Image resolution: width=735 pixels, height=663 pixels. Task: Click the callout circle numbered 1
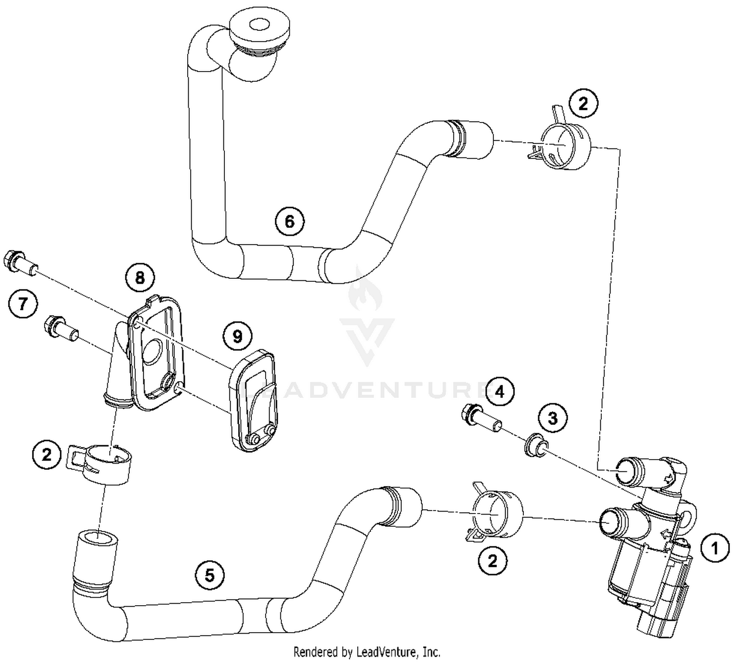pyautogui.click(x=714, y=548)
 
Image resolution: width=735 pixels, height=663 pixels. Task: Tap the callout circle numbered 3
pyautogui.click(x=553, y=418)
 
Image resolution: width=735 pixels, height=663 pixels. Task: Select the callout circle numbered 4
pyautogui.click(x=499, y=392)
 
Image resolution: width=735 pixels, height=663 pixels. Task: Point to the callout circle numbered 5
pyautogui.click(x=210, y=574)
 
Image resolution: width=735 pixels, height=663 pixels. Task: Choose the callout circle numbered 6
pyautogui.click(x=290, y=221)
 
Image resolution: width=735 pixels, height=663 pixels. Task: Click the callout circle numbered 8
pyautogui.click(x=140, y=278)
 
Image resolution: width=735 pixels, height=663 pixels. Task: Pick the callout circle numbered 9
pyautogui.click(x=237, y=337)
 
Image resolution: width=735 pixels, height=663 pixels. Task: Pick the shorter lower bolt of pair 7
pyautogui.click(x=61, y=328)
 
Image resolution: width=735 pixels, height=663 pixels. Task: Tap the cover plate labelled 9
pyautogui.click(x=254, y=399)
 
